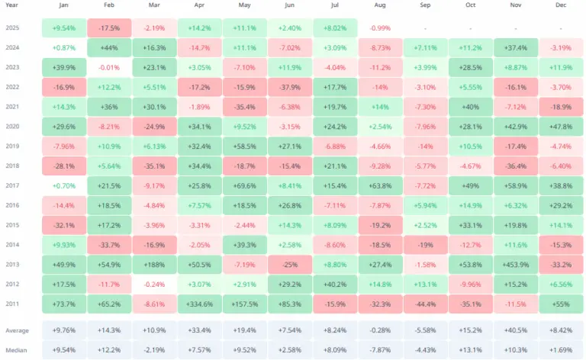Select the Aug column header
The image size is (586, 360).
click(x=379, y=7)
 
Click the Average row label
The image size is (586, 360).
click(x=19, y=332)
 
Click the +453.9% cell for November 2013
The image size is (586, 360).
click(x=516, y=264)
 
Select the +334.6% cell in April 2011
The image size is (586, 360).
click(x=199, y=303)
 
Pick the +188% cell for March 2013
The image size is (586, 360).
click(x=154, y=264)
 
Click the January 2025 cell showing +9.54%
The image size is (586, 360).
click(x=63, y=28)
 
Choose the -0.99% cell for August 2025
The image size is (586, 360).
click(x=379, y=28)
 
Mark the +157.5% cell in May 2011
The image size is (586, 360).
click(x=244, y=303)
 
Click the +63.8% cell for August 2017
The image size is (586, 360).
click(x=379, y=185)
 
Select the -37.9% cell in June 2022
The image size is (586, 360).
click(x=289, y=87)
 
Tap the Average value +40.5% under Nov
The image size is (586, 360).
click(x=516, y=332)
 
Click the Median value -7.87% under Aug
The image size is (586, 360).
click(x=379, y=349)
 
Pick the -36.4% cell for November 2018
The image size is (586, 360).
click(x=516, y=166)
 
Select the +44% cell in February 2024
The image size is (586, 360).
click(x=109, y=48)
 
